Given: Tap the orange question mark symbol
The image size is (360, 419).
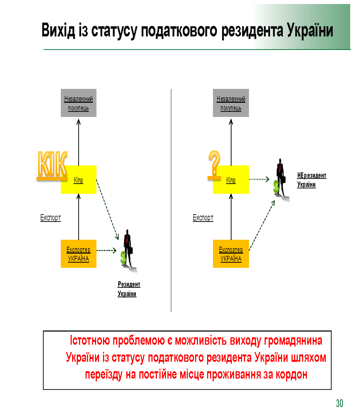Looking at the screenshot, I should (x=214, y=164).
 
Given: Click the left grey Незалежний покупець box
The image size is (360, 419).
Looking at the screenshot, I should (x=79, y=103).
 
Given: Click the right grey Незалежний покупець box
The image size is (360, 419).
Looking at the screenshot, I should (x=231, y=103).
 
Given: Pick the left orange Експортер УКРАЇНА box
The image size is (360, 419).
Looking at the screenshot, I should (x=79, y=254).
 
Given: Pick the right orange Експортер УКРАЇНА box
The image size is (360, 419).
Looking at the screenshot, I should (x=231, y=254).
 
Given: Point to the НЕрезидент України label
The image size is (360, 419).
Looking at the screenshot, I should (x=311, y=180).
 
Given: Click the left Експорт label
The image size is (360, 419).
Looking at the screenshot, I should (x=51, y=218).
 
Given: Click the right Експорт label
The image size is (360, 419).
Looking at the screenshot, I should (x=203, y=218).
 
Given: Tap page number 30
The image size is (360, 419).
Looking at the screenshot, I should (x=339, y=403).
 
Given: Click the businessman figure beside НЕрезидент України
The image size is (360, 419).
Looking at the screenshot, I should (x=280, y=179).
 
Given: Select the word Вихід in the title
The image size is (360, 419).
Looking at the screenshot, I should (x=58, y=30).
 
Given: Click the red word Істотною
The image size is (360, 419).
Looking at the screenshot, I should (x=90, y=341).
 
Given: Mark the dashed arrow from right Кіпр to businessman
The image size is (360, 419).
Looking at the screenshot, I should (x=259, y=179).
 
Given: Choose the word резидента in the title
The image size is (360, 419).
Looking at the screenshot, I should (x=253, y=30).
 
